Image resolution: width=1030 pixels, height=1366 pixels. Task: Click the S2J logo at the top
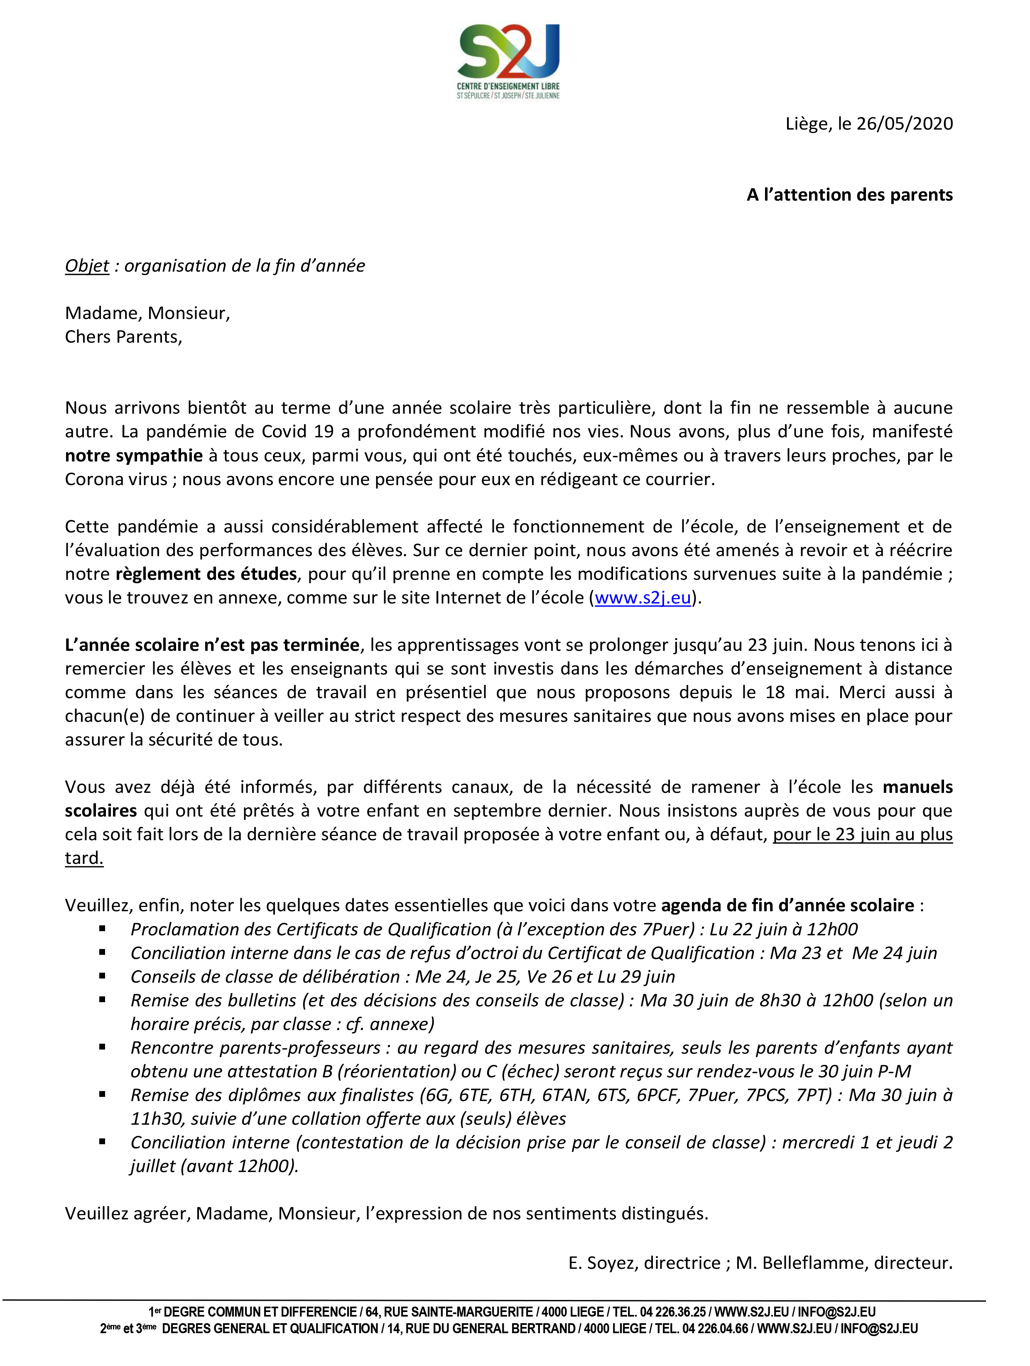tap(508, 61)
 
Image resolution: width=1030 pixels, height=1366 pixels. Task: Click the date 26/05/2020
tap(905, 123)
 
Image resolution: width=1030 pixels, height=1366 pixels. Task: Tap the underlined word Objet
tap(87, 265)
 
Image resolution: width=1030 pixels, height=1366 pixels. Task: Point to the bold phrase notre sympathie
tap(134, 456)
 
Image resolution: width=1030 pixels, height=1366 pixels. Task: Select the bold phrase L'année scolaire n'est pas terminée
tap(212, 645)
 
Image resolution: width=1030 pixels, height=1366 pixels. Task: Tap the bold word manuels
tap(917, 787)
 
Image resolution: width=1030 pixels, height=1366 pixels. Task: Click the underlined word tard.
tap(84, 858)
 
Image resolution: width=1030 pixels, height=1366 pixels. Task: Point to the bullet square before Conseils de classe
tap(103, 976)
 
